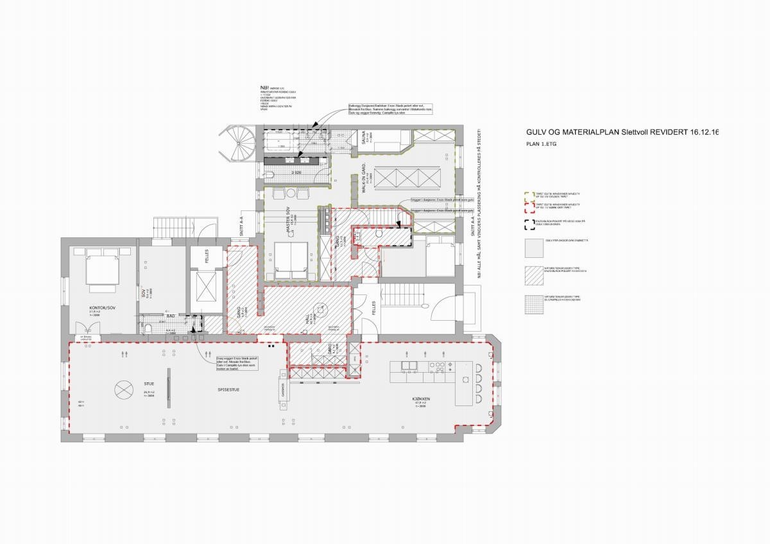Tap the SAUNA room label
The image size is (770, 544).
[363, 142]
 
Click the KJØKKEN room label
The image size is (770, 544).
[421, 400]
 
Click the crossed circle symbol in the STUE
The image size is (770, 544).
[121, 389]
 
